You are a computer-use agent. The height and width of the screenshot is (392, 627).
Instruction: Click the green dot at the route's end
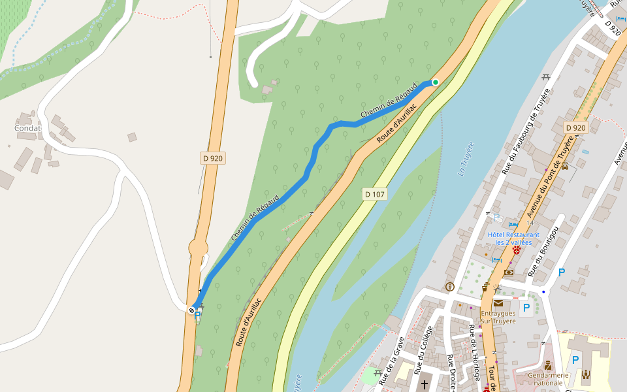(435, 82)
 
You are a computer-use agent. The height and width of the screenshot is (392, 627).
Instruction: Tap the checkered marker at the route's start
(192, 310)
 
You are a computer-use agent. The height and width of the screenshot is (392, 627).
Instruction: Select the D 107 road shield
(375, 194)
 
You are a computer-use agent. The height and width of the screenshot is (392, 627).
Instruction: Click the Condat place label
(28, 128)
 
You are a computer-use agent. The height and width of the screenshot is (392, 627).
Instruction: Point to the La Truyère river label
(466, 159)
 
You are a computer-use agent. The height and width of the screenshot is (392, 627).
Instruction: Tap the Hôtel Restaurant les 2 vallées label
(513, 238)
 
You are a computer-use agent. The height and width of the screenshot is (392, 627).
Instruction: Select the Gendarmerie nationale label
(548, 379)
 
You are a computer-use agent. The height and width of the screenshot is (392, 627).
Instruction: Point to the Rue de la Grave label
(391, 359)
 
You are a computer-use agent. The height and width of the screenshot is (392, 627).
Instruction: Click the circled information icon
(449, 286)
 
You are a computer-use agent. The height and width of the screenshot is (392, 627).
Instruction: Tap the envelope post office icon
(499, 303)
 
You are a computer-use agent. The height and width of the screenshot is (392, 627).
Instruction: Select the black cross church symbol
(425, 384)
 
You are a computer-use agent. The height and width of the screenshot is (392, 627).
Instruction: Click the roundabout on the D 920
(198, 248)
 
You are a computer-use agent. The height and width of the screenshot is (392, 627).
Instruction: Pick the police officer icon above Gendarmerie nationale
(548, 365)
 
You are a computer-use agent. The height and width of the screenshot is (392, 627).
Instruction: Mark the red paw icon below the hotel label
(517, 250)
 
